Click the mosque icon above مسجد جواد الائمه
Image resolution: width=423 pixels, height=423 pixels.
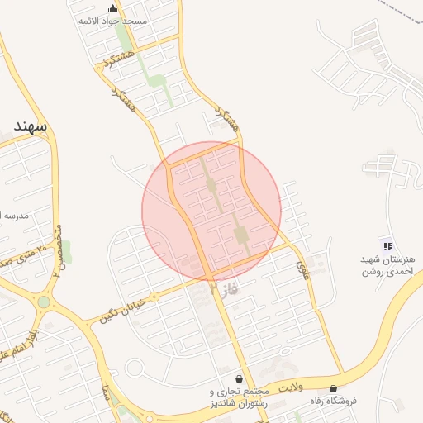(112, 9)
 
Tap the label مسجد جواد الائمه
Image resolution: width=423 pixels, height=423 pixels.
(113, 21)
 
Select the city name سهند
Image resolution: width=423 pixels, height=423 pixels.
(31, 126)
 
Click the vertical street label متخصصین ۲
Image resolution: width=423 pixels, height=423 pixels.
(56, 249)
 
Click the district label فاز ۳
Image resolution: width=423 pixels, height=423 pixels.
(224, 289)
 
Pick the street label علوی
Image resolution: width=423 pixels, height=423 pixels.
(302, 267)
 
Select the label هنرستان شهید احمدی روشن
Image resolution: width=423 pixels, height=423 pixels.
(387, 265)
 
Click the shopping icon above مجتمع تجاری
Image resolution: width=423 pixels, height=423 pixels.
(239, 378)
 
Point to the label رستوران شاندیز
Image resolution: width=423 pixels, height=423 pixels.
(239, 402)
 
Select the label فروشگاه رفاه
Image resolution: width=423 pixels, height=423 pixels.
(333, 401)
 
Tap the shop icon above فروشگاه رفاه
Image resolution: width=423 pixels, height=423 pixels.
(333, 387)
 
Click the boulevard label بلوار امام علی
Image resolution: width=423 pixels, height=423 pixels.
(23, 340)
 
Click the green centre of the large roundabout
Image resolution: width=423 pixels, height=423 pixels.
(43, 302)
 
